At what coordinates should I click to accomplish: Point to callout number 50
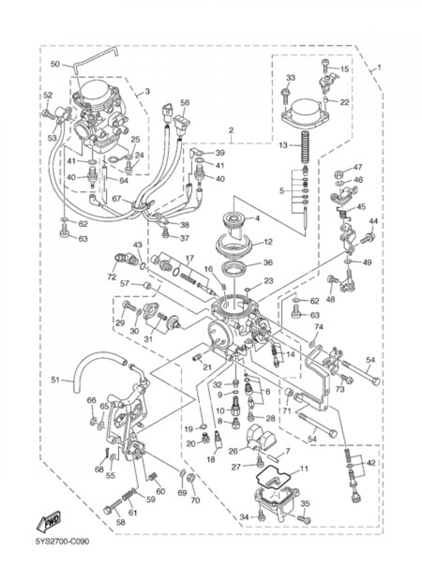pos(55,64)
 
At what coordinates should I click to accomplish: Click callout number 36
pos(268,262)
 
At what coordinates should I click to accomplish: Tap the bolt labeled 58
pos(109,511)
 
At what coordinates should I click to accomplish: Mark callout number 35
pos(306,504)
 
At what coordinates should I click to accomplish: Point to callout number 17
pos(189,258)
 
